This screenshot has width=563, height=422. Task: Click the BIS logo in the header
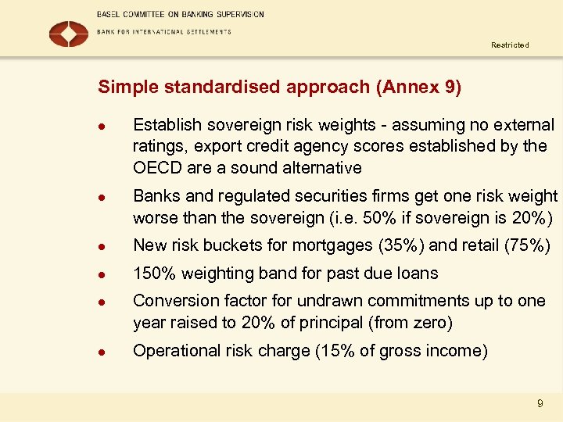[69, 34]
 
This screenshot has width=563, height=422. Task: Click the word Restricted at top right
[510, 45]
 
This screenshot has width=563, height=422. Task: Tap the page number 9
[540, 404]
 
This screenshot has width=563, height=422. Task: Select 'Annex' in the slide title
[406, 87]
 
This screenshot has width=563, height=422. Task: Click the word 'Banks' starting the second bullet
[155, 196]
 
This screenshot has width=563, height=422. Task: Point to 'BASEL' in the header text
[109, 14]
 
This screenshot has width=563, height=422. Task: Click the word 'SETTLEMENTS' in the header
[206, 32]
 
